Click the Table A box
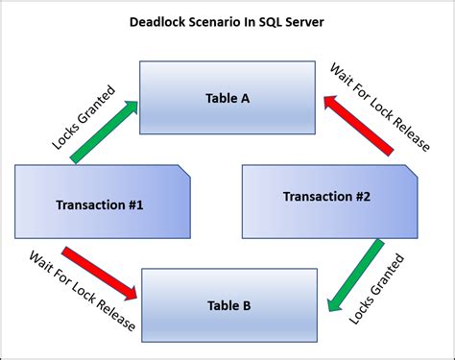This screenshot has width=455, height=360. coord(227,98)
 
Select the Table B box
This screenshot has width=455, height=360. coord(228,304)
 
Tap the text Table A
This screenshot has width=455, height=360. coord(228,98)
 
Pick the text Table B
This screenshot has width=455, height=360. coord(228,305)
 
